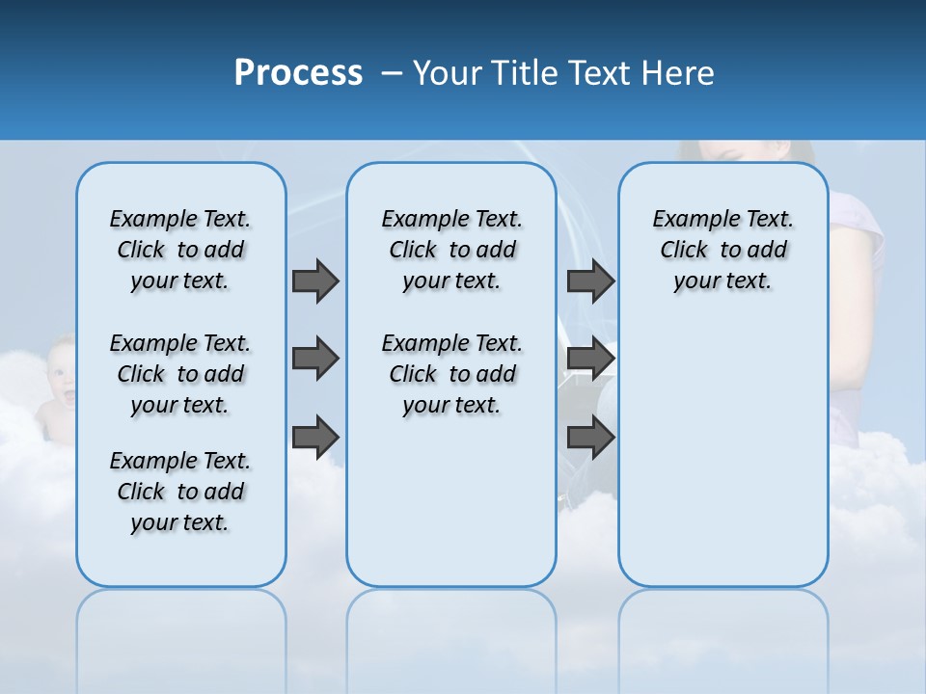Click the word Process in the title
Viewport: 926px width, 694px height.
pyautogui.click(x=298, y=73)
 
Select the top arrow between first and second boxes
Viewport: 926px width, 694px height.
pyautogui.click(x=315, y=280)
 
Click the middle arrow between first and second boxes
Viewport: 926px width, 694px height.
pyautogui.click(x=315, y=359)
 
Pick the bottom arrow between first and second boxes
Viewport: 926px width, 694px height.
pyautogui.click(x=315, y=437)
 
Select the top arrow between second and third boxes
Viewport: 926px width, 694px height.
pyautogui.click(x=590, y=280)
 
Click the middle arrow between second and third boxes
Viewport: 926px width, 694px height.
pyautogui.click(x=590, y=359)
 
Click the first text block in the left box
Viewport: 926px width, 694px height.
pyautogui.click(x=180, y=250)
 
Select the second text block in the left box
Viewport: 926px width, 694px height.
pyautogui.click(x=180, y=374)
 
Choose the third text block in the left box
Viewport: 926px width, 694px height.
pyautogui.click(x=180, y=492)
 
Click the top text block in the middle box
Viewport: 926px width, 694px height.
pyautogui.click(x=451, y=250)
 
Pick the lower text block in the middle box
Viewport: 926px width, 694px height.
pyautogui.click(x=451, y=374)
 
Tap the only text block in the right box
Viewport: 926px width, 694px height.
pyautogui.click(x=723, y=250)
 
